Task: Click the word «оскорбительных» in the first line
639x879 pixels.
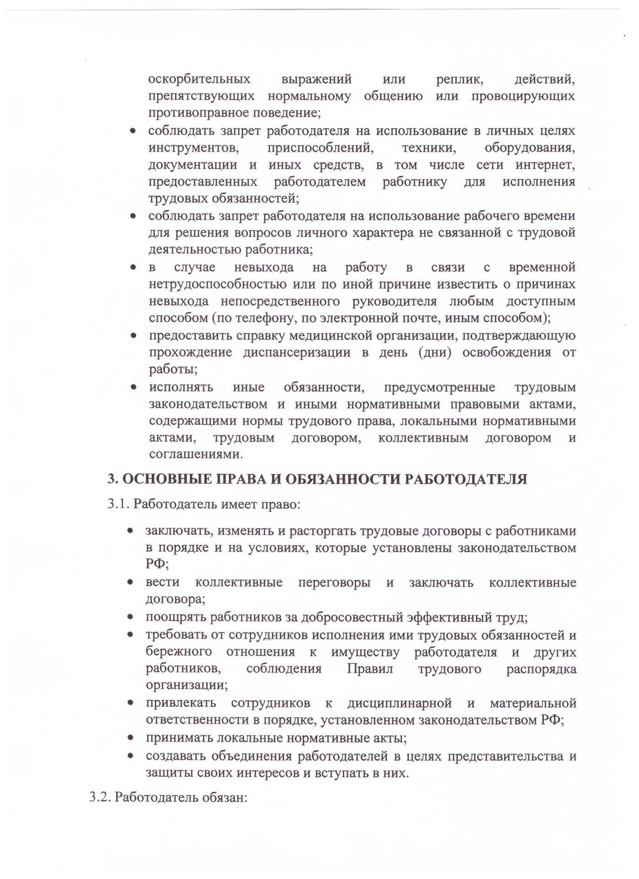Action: coord(199,79)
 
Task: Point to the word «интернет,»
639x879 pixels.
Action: coord(545,165)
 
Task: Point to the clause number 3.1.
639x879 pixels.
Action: coord(119,505)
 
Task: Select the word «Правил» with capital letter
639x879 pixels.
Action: coord(370,669)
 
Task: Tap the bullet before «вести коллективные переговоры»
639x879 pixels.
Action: coord(130,583)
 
